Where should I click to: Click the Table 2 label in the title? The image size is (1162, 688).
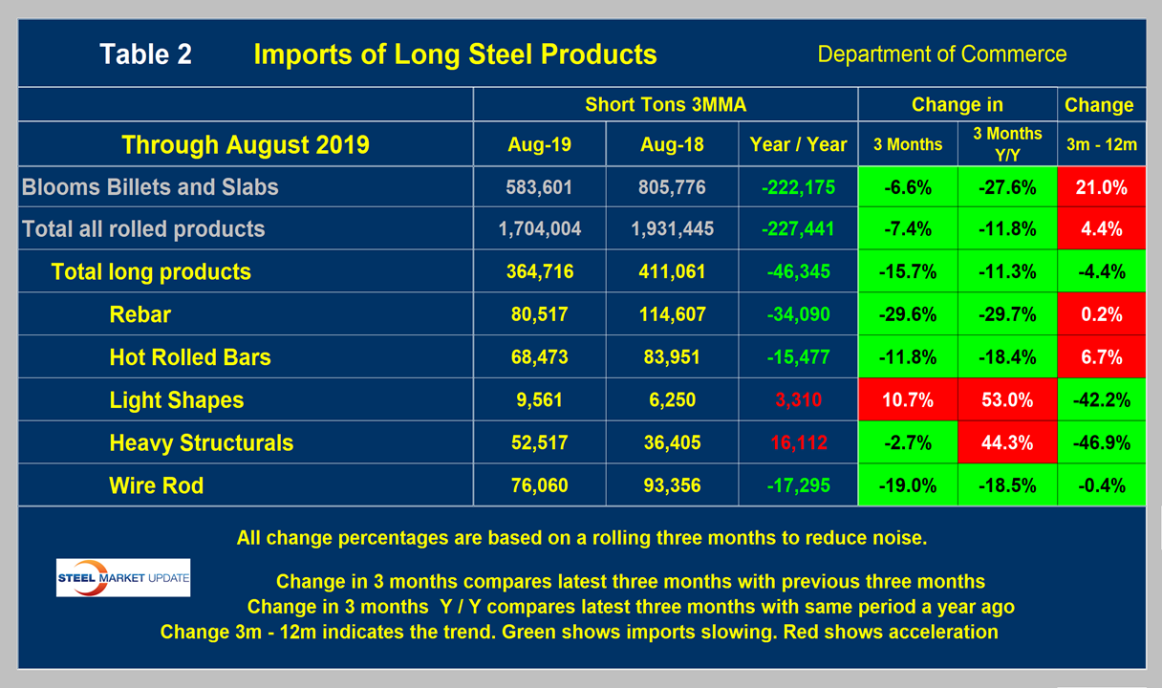tap(145, 54)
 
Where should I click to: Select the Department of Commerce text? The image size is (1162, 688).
tap(941, 54)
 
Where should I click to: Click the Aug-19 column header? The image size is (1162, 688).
tap(540, 145)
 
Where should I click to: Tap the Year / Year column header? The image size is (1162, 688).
tap(799, 145)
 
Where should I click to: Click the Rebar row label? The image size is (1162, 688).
tap(140, 315)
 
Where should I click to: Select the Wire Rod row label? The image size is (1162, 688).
tap(157, 485)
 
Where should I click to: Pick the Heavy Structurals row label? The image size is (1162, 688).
tap(201, 443)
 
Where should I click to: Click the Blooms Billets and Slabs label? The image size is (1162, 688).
tap(150, 187)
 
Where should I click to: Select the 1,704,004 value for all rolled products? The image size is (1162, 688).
tap(540, 229)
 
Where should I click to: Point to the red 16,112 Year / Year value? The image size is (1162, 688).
tap(799, 443)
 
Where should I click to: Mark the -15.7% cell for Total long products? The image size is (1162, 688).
tap(907, 272)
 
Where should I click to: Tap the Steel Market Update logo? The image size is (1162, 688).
tap(123, 578)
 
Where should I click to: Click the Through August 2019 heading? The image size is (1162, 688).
tap(246, 145)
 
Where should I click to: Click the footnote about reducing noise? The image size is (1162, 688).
tap(581, 538)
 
